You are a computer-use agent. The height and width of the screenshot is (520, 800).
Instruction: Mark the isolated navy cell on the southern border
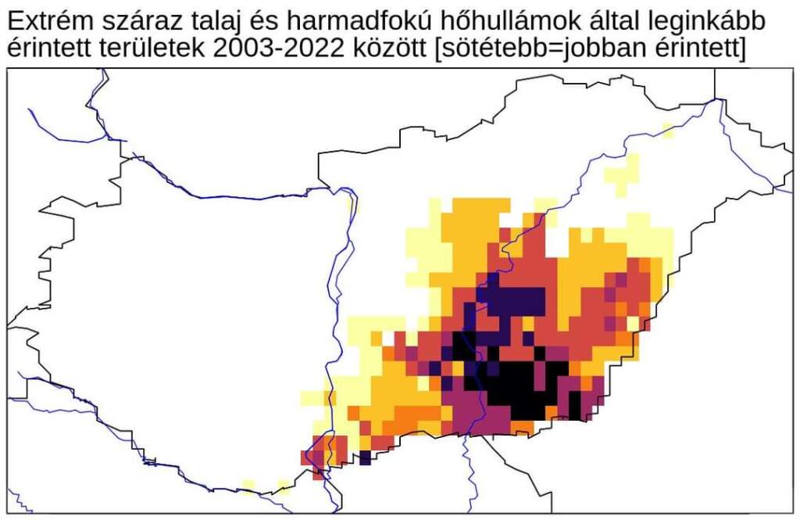(x=365, y=457)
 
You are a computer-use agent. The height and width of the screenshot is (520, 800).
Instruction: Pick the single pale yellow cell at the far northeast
(x=667, y=130)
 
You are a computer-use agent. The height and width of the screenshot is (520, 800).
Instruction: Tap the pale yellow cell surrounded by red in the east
(x=632, y=323)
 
